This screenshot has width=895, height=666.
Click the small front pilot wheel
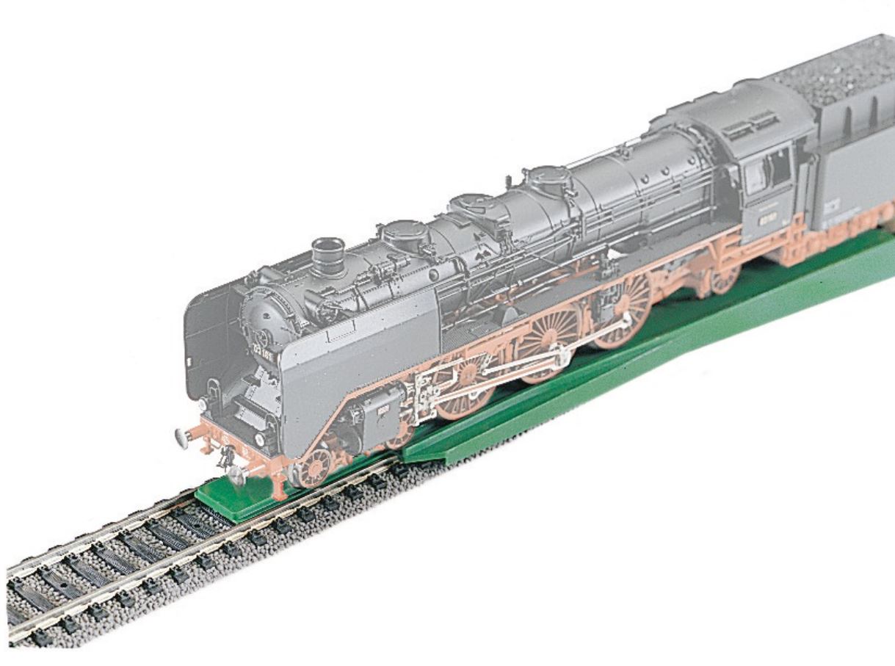315,467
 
